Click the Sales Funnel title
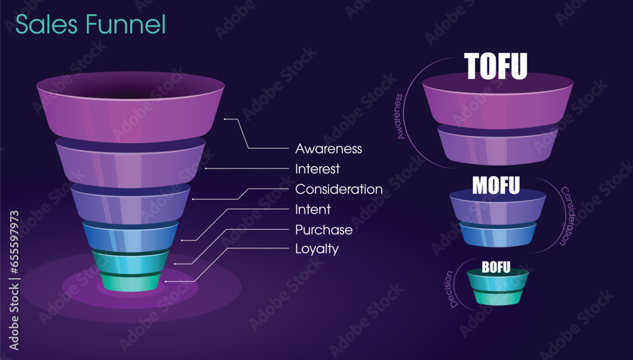click(x=90, y=24)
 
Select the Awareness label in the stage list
click(x=329, y=149)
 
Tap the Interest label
click(x=317, y=169)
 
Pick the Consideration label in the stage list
click(x=339, y=189)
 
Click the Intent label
click(x=313, y=209)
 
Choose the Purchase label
click(x=323, y=229)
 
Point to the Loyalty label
click(x=316, y=249)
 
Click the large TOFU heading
click(x=496, y=66)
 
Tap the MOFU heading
click(x=496, y=185)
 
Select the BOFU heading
click(x=496, y=267)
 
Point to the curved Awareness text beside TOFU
click(x=400, y=116)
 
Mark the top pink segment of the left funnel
click(x=130, y=114)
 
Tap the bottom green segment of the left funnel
click(x=130, y=282)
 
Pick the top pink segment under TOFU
click(x=497, y=104)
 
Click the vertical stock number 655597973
click(x=13, y=244)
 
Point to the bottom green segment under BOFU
click(x=497, y=297)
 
